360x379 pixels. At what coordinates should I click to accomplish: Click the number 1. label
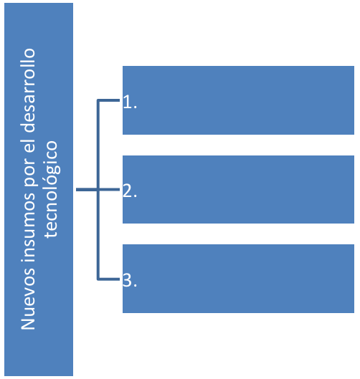pyautogui.click(x=130, y=102)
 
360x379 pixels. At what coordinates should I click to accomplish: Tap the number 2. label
pyautogui.click(x=130, y=191)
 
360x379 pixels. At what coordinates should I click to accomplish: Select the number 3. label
pyautogui.click(x=130, y=280)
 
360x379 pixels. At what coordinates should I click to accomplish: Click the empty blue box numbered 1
pyautogui.click(x=238, y=100)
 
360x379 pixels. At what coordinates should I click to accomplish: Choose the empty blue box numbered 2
pyautogui.click(x=238, y=189)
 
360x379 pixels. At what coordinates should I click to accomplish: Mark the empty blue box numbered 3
pyautogui.click(x=238, y=279)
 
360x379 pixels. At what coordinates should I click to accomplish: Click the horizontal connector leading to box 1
pyautogui.click(x=108, y=100)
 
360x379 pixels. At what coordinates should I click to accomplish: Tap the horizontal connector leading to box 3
pyautogui.click(x=108, y=279)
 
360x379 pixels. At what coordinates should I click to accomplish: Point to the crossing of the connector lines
pyautogui.click(x=98, y=190)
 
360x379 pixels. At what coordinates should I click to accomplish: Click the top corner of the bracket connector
pyautogui.click(x=98, y=100)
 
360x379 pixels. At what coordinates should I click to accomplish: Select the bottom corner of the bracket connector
pyautogui.click(x=98, y=279)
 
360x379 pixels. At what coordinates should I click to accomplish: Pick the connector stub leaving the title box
pyautogui.click(x=86, y=190)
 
